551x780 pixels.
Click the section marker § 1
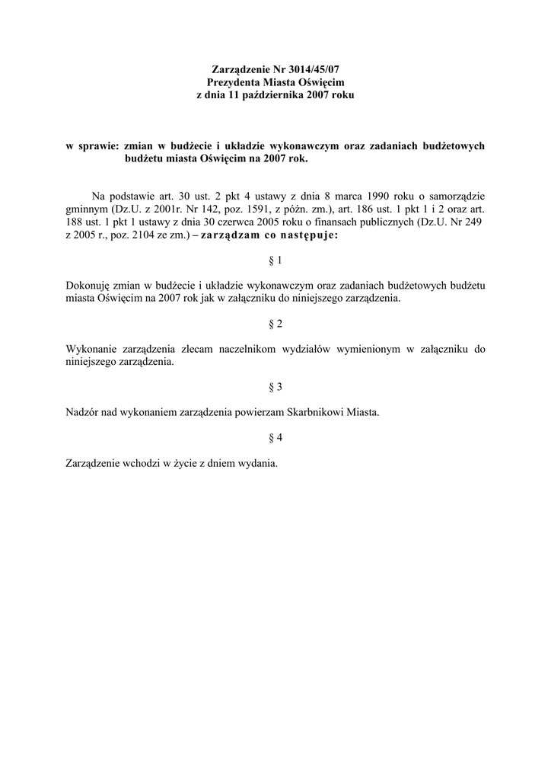(x=275, y=261)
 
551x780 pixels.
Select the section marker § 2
(x=275, y=324)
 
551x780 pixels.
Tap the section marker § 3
(x=275, y=387)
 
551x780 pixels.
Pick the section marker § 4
(x=275, y=437)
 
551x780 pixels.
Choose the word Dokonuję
(x=90, y=286)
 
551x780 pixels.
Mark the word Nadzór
(x=84, y=412)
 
